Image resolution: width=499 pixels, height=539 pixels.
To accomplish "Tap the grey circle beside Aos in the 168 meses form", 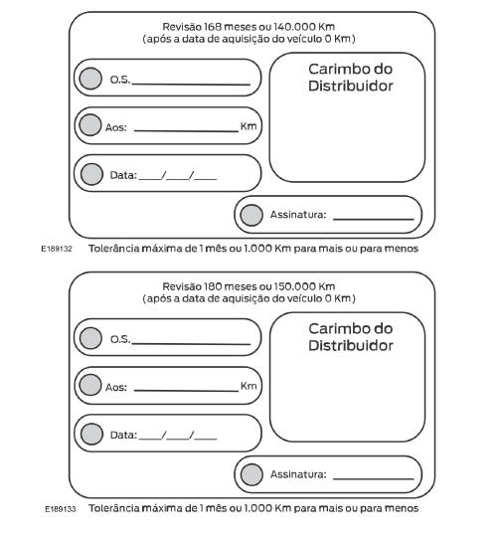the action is pyautogui.click(x=90, y=125).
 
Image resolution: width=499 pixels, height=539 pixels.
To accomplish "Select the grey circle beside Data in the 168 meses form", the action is pyautogui.click(x=90, y=174).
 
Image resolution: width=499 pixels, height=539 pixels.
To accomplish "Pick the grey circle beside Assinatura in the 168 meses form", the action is pyautogui.click(x=252, y=214).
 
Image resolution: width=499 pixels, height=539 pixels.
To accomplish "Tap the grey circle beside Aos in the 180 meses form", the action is pyautogui.click(x=90, y=386).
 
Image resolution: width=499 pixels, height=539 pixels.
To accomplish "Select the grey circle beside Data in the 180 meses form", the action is pyautogui.click(x=90, y=435).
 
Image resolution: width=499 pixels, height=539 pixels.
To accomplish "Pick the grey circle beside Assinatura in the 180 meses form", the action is pyautogui.click(x=252, y=474).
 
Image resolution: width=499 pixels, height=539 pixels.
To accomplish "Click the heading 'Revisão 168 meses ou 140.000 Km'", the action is pyautogui.click(x=249, y=26).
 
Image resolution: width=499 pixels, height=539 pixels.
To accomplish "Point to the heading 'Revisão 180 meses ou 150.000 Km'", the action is pyautogui.click(x=249, y=286).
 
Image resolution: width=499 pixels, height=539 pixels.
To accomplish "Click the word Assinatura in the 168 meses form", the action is pyautogui.click(x=298, y=215).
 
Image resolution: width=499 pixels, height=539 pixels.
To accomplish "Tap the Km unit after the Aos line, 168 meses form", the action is pyautogui.click(x=248, y=125).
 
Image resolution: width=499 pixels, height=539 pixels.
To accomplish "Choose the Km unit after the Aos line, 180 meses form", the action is pyautogui.click(x=248, y=386).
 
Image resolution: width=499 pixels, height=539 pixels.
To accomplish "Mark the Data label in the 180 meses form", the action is pyautogui.click(x=121, y=436).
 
